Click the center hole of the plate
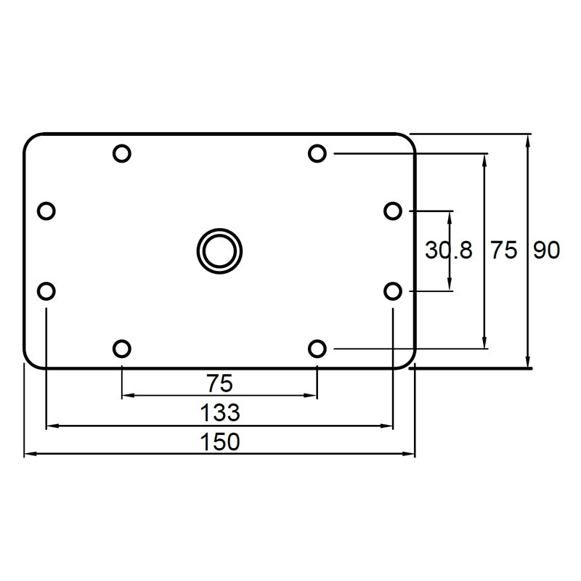coord(219,251)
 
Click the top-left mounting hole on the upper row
coord(122,153)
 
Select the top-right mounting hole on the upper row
coord(317,153)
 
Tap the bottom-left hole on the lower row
coord(122,349)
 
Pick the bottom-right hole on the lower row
coord(317,349)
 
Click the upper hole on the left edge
coord(46,211)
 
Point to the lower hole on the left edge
coord(46,291)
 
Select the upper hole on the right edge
coord(392,211)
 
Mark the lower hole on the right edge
coord(392,291)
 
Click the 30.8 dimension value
coord(448,251)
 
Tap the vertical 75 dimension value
coord(504,251)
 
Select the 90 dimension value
coord(546,251)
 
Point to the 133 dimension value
coord(219,413)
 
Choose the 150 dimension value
coord(219,442)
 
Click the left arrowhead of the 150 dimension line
coord(29,454)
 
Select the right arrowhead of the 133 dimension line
coord(388,426)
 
